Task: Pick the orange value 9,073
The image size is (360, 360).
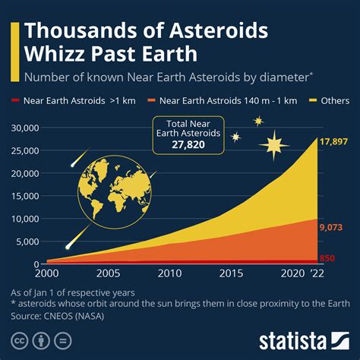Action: (x=331, y=226)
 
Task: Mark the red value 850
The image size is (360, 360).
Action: (x=327, y=258)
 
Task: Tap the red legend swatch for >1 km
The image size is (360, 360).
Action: (x=17, y=99)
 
